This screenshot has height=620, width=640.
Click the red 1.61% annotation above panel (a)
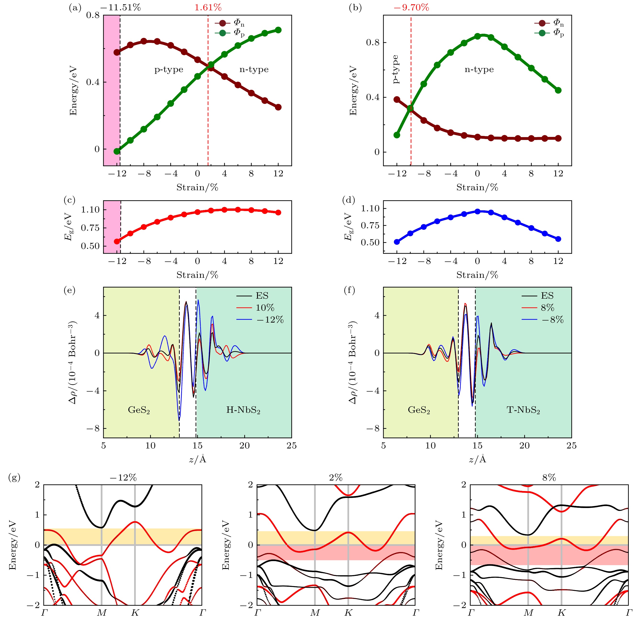click(x=208, y=7)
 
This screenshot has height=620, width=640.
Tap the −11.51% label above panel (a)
click(x=120, y=7)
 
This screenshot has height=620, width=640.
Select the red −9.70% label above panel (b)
click(x=411, y=7)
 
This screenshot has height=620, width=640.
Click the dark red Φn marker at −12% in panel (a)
click(x=117, y=52)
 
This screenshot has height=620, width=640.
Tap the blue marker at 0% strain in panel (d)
click(x=477, y=212)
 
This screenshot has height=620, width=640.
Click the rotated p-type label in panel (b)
click(x=396, y=69)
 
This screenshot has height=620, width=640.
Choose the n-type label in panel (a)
click(x=254, y=69)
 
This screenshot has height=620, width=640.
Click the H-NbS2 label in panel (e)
click(x=243, y=410)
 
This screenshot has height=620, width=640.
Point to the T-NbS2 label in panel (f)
click(x=523, y=410)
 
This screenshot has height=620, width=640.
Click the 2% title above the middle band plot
click(x=336, y=478)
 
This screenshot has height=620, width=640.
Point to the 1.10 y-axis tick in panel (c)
click(x=90, y=210)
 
